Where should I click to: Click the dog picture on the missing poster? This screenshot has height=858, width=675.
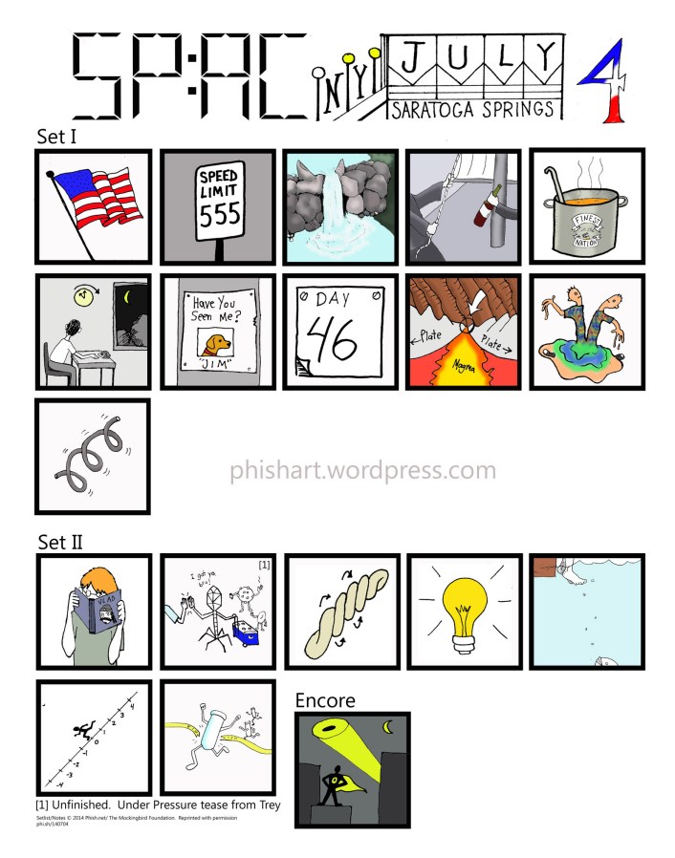[x=215, y=342]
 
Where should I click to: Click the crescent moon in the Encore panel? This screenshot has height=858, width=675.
[x=388, y=727]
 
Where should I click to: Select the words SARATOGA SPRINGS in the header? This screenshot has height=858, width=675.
[x=472, y=110]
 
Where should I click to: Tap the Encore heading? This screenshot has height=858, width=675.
[x=324, y=700]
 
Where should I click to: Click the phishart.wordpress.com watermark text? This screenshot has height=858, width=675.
[x=363, y=470]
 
